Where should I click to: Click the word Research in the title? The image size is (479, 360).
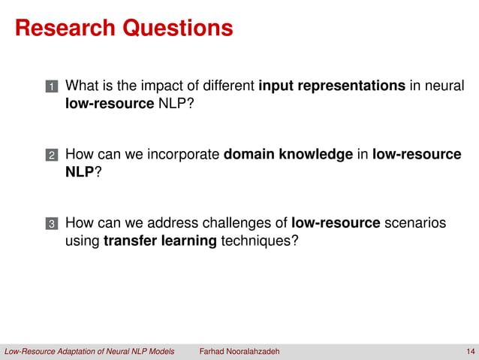62,29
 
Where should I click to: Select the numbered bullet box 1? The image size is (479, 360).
52,87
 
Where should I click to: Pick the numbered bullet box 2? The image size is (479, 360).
52,156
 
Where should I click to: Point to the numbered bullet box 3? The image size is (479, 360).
52,224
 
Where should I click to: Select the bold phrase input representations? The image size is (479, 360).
332,86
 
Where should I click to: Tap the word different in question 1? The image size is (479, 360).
221,86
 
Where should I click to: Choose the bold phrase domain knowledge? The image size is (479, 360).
288,154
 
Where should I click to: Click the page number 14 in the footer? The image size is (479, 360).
470,352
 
